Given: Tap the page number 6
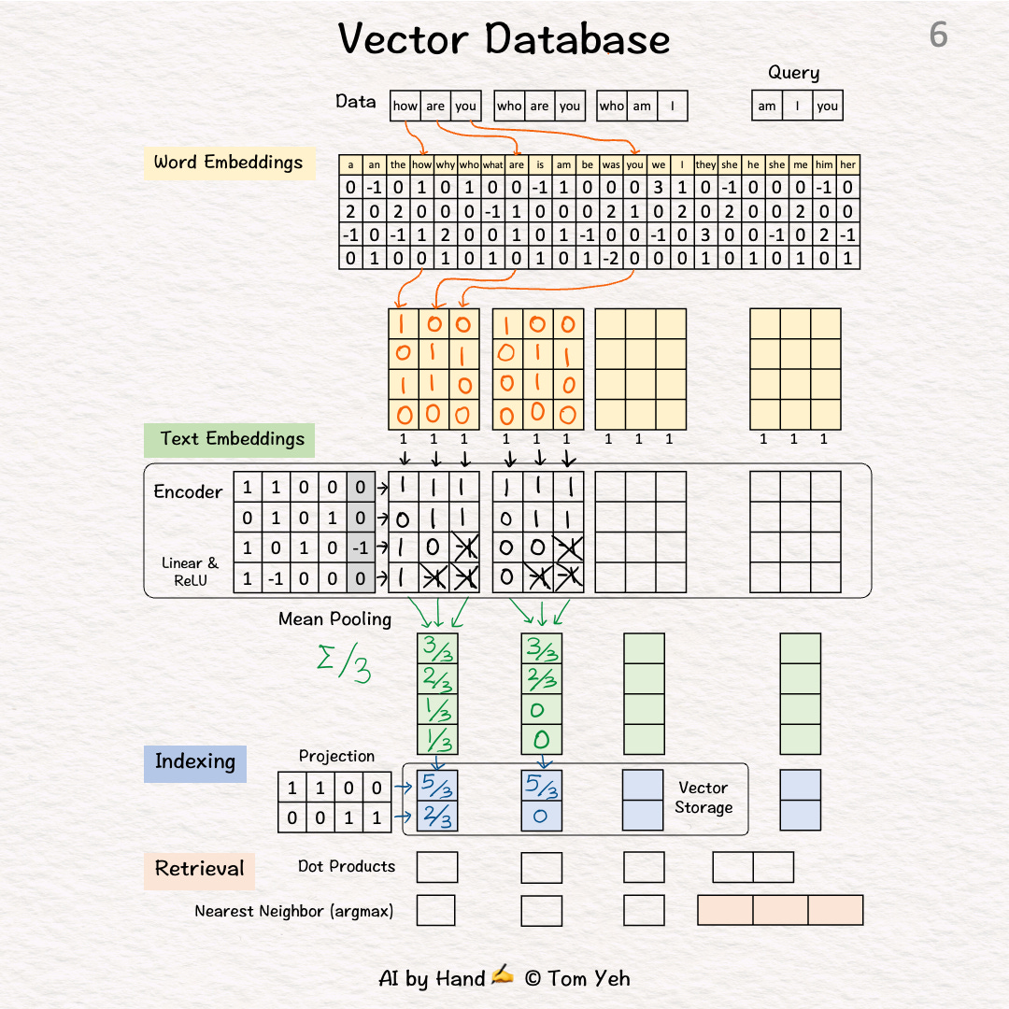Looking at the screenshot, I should pos(938,36).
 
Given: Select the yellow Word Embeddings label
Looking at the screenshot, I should pos(228,163).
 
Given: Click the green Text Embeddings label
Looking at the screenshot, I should pos(232,439).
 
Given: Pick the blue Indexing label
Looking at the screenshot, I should pos(194,761).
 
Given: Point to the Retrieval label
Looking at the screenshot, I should pos(199,869).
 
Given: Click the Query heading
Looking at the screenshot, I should pos(793,73).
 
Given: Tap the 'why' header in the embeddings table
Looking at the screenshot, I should pos(446,165).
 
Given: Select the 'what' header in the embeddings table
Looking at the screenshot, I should pos(492,165).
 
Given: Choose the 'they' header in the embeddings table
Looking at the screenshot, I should pos(705,165).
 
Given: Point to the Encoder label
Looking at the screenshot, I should pos(188,492).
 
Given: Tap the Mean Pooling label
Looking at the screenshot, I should pos(334,619).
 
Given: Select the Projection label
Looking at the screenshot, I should pos(336,756).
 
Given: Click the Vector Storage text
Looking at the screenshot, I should pos(703,798).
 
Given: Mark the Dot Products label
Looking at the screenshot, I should pos(347,867).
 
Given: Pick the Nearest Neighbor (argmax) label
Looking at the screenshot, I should pos(293,911).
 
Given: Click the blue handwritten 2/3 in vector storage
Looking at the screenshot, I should pos(437,817).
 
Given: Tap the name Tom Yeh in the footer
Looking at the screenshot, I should pos(589,979).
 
